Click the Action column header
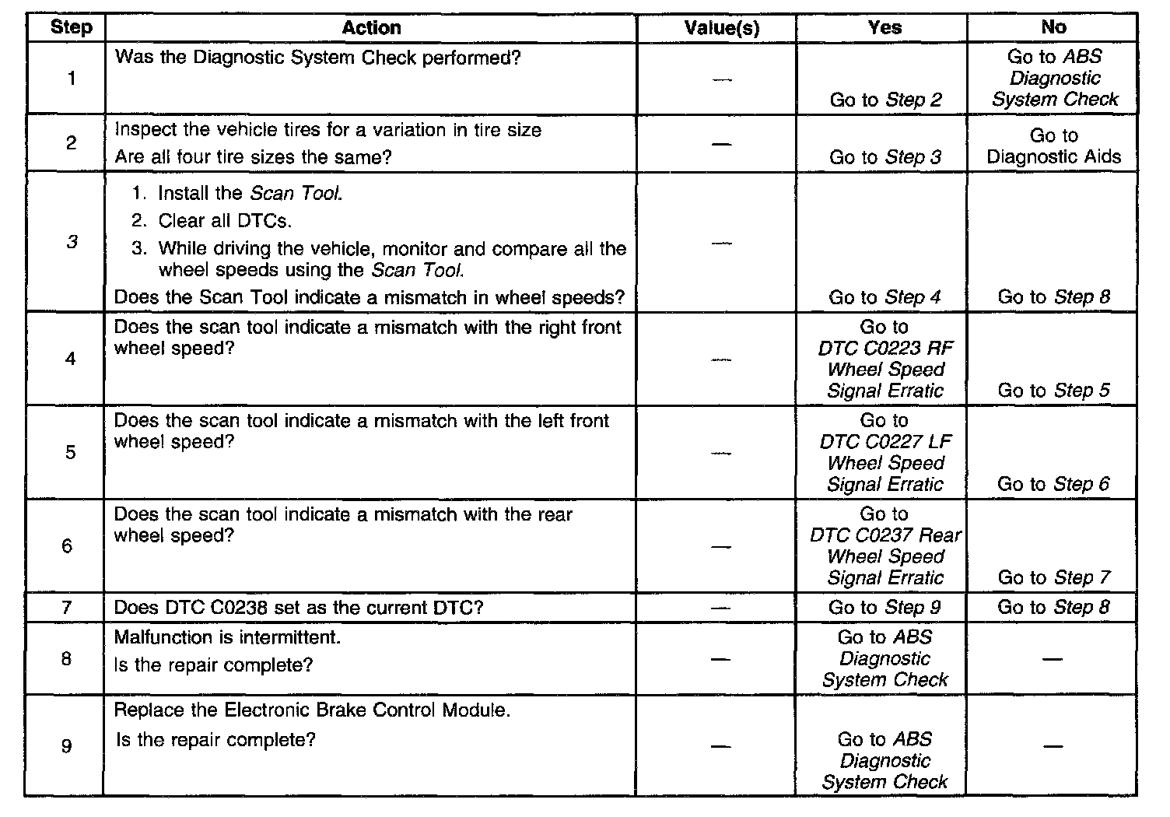click(x=371, y=28)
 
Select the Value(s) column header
click(x=721, y=28)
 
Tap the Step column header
click(x=71, y=28)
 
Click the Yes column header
click(x=885, y=28)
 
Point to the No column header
click(x=1053, y=27)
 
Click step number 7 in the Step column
click(x=67, y=607)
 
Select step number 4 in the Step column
click(x=70, y=359)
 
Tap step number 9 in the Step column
click(x=67, y=746)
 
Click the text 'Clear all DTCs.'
click(x=225, y=221)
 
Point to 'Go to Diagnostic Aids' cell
click(x=1054, y=146)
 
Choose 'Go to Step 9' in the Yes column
click(x=885, y=607)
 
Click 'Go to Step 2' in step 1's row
click(x=885, y=100)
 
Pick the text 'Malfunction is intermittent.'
click(x=227, y=637)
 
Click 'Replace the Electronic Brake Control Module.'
click(x=312, y=710)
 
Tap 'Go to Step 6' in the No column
click(x=1053, y=484)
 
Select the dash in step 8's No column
click(x=1053, y=659)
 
